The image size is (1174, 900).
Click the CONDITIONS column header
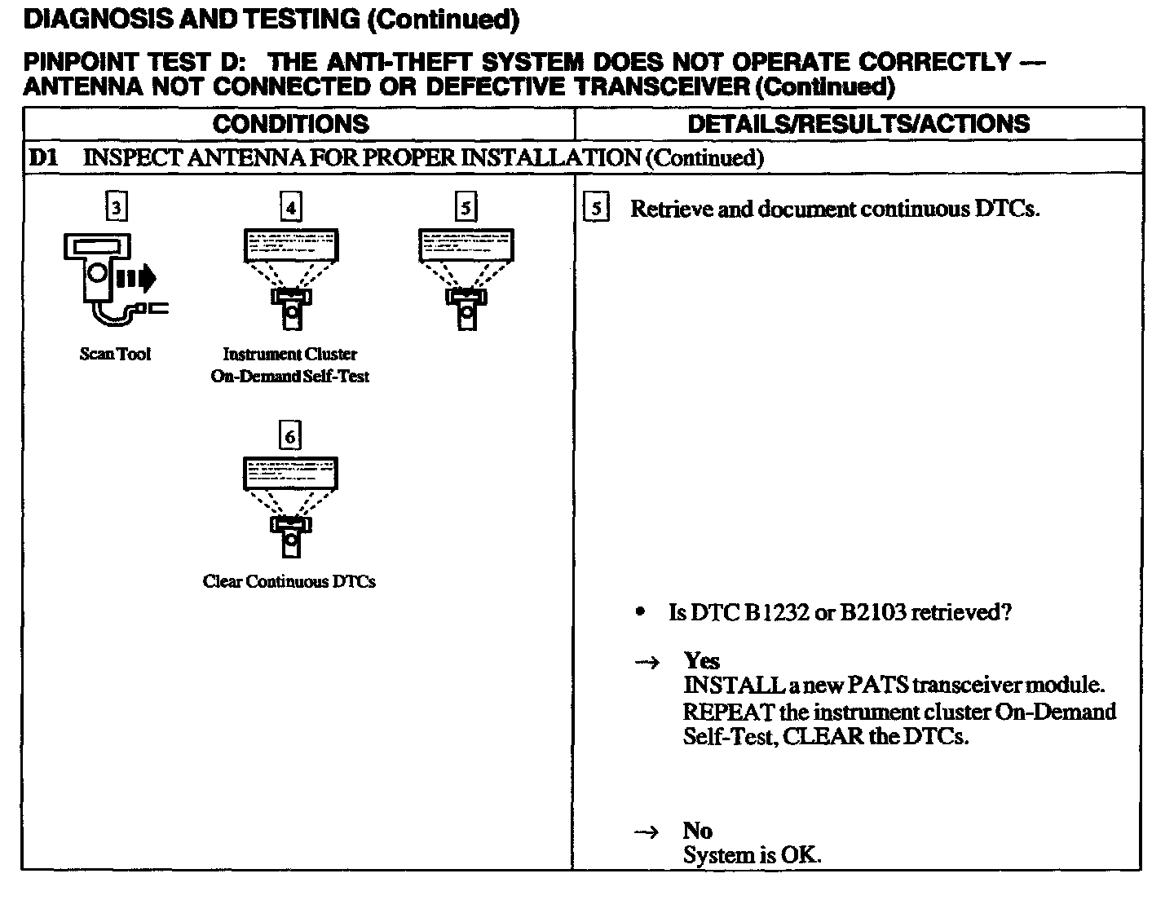click(290, 124)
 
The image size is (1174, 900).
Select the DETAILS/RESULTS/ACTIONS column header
click(858, 124)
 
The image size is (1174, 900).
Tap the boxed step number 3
click(116, 208)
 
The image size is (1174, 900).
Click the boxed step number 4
click(290, 208)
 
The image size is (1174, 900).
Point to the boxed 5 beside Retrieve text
click(596, 209)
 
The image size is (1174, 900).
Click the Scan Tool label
click(115, 354)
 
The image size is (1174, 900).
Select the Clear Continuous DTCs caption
click(289, 581)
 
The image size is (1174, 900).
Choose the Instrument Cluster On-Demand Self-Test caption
click(290, 365)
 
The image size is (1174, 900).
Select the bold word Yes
click(701, 660)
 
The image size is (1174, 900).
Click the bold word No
click(698, 831)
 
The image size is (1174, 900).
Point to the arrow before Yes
click(647, 662)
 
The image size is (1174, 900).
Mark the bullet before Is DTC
click(642, 612)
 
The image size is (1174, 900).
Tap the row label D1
click(44, 157)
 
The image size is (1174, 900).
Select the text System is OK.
click(752, 855)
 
